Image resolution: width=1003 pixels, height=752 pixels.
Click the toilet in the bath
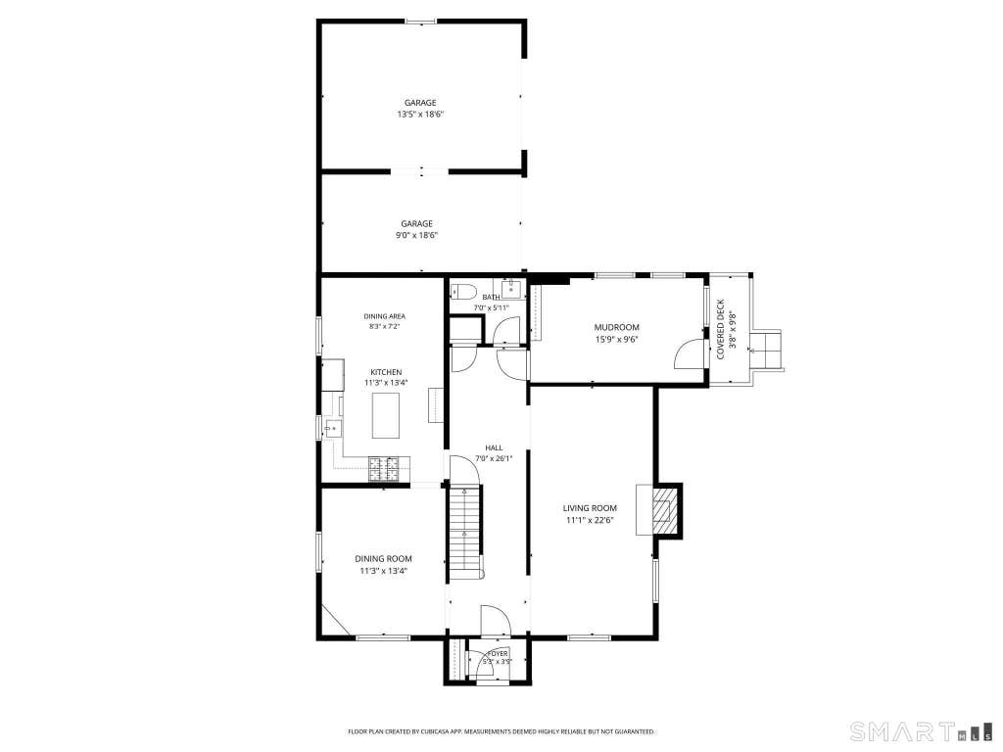coord(463,292)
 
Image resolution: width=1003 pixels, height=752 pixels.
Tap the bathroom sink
coord(511,289)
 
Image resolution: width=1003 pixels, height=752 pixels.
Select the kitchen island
coord(386,415)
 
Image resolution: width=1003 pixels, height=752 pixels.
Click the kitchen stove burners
coord(389,469)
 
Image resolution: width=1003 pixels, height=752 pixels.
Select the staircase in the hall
coord(464,533)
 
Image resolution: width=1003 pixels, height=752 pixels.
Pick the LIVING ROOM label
coord(590,508)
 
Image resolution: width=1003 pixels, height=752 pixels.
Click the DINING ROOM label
coord(383,559)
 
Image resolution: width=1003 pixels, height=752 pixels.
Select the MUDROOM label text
coord(617,327)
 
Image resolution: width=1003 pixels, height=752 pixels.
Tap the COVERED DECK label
coord(720,329)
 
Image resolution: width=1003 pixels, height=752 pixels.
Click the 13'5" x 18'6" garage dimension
coord(420,115)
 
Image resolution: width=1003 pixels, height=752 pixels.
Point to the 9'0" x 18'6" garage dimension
coord(416,235)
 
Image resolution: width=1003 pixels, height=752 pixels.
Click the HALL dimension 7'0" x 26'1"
coord(494,458)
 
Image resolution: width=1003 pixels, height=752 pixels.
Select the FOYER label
coord(497,653)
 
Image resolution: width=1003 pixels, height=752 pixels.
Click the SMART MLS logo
coord(921,730)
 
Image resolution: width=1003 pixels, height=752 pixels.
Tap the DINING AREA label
coord(384,316)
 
